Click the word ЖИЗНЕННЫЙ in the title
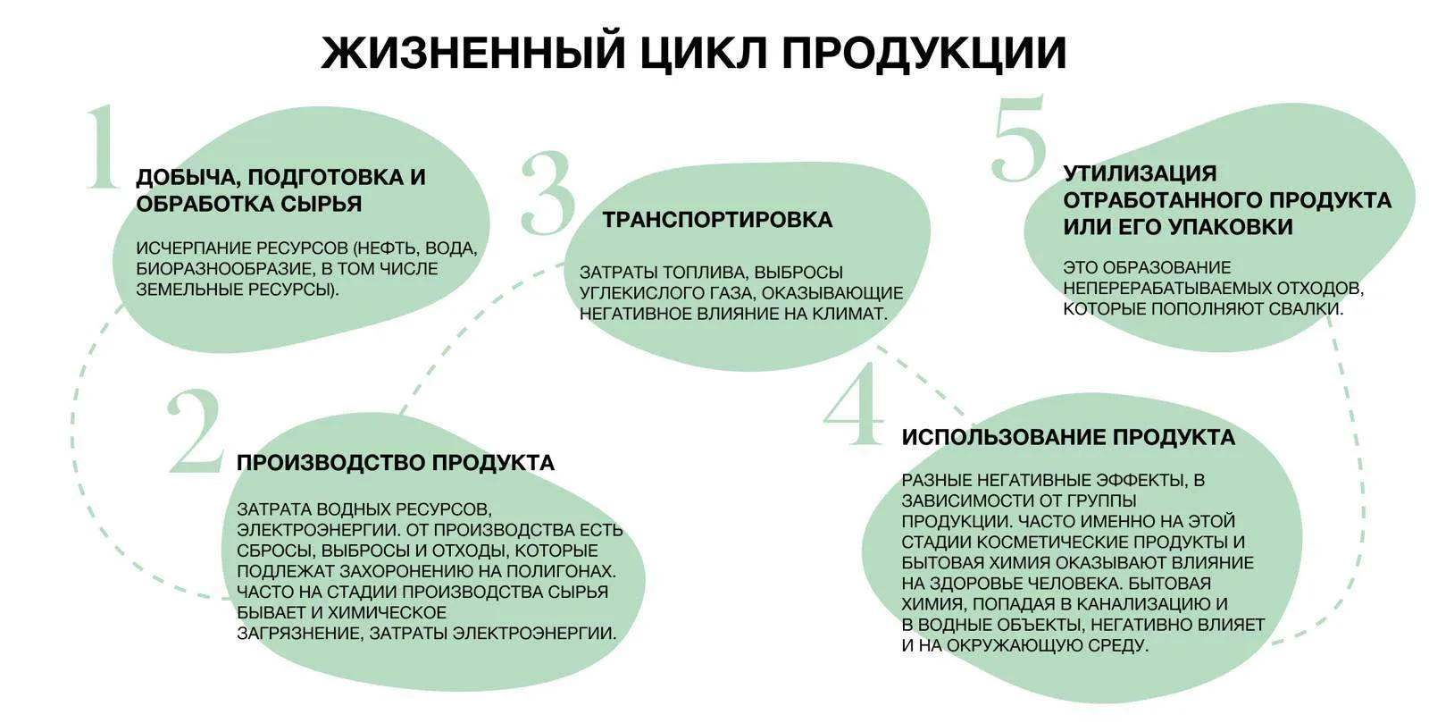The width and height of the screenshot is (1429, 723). pos(474,53)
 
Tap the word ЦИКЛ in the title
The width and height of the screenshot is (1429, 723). pos(702,54)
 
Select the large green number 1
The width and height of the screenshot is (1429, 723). pos(103,147)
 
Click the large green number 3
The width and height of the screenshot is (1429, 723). pos(547,192)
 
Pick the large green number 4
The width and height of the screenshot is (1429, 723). pos(854,403)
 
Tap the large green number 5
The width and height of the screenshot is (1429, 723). pos(1019,138)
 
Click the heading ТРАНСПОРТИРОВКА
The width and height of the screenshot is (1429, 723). pos(717,220)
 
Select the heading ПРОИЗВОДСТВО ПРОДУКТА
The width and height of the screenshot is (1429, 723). pos(396,462)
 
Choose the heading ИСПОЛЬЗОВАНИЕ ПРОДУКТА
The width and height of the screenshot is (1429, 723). pos(1068,437)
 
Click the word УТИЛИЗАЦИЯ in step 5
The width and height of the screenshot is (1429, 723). pos(1140,173)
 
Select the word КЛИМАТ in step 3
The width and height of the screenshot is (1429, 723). pos(849,314)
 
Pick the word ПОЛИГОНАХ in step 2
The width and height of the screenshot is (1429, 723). pos(565,571)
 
